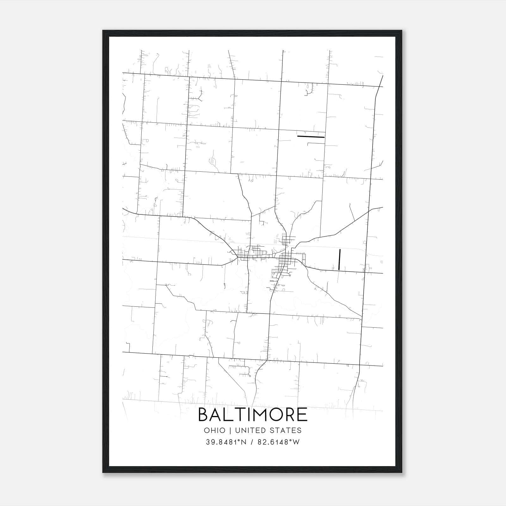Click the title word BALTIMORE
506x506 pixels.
point(253,415)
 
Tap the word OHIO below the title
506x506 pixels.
point(215,430)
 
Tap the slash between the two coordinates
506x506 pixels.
point(251,442)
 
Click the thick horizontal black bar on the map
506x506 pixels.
point(311,137)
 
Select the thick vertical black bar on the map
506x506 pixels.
point(339,259)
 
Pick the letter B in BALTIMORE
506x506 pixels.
point(204,415)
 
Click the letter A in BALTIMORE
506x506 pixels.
point(217,415)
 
